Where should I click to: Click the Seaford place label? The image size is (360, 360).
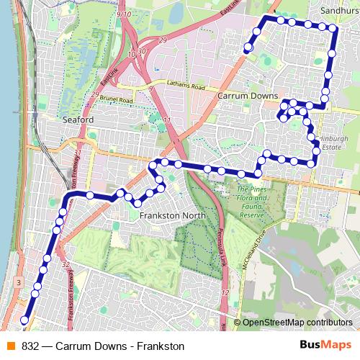coord(77,119)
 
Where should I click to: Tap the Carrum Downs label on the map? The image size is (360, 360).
coord(242,94)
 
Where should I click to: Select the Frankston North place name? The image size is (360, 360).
coord(169,215)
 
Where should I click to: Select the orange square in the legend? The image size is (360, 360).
coord(10,346)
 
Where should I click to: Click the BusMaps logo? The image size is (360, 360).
coord(325,346)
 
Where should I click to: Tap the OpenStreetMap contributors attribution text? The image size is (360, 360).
coord(297,323)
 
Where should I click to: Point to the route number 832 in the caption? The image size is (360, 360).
coord(30,346)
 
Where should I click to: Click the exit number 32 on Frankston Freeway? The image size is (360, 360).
coord(66,265)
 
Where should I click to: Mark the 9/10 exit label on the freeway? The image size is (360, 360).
coord(122,14)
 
